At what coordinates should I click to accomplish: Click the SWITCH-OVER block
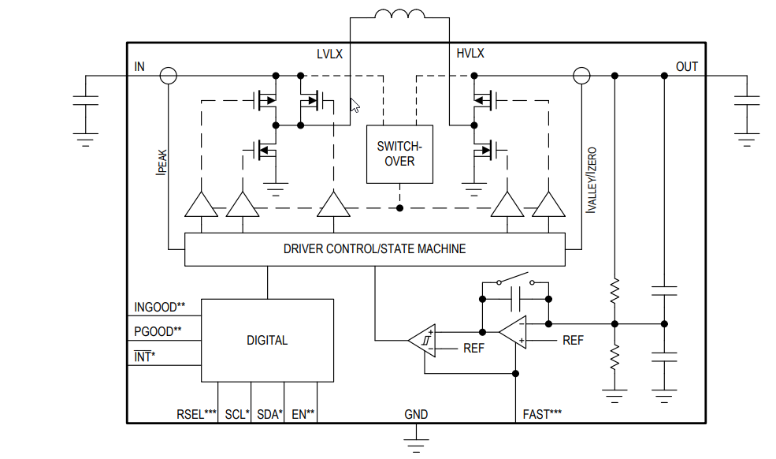pos(400,154)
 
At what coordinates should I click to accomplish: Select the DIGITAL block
pos(267,341)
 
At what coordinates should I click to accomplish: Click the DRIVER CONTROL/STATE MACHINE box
pos(374,249)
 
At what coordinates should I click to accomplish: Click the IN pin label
pos(139,66)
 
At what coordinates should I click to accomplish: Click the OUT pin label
pos(686,66)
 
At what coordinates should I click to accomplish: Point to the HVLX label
pos(470,54)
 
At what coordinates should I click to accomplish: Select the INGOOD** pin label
pos(160,307)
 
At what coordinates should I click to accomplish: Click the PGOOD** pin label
pos(158,331)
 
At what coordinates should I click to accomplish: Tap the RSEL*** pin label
pos(196,414)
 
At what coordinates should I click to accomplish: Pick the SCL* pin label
pos(236,414)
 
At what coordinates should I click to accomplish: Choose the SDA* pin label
pos(269,414)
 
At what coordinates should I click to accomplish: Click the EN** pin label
pos(303,414)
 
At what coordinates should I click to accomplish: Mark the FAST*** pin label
pos(542,414)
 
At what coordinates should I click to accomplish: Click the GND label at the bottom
pos(416,414)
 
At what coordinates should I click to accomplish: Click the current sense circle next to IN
pos(168,76)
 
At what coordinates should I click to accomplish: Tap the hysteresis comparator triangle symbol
pos(423,341)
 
